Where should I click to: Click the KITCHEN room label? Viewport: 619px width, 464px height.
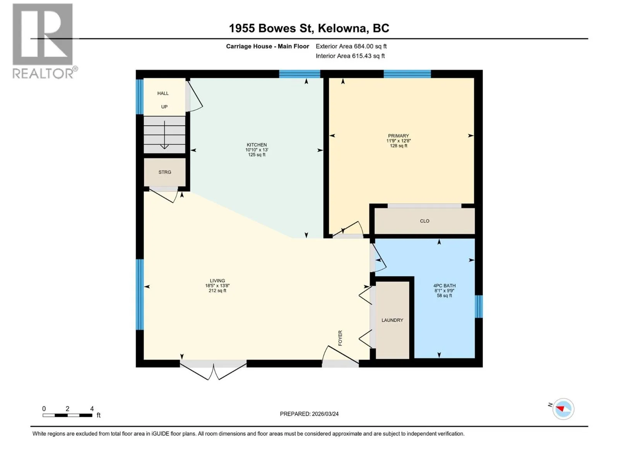[256, 145]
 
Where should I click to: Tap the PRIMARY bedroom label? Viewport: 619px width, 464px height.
[398, 136]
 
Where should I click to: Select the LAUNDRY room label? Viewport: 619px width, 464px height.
[392, 320]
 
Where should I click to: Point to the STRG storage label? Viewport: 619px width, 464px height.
[165, 172]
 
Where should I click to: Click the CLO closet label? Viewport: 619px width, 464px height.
[424, 221]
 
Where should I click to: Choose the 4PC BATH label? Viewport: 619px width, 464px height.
[445, 286]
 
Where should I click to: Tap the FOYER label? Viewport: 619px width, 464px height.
[340, 338]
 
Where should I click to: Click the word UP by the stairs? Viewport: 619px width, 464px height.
[164, 107]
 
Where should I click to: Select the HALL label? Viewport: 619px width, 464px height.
[163, 93]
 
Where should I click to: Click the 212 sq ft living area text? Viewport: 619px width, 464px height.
[217, 291]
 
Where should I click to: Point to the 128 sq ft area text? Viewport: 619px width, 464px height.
[398, 146]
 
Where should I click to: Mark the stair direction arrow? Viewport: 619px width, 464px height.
[164, 135]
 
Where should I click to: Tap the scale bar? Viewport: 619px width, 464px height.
[67, 415]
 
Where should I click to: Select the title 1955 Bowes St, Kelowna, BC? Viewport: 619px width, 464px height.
[309, 28]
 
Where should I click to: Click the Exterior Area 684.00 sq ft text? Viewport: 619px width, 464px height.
[351, 46]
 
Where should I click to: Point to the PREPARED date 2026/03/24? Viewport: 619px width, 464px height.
[309, 414]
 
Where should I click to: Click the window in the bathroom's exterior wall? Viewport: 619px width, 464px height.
[479, 306]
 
